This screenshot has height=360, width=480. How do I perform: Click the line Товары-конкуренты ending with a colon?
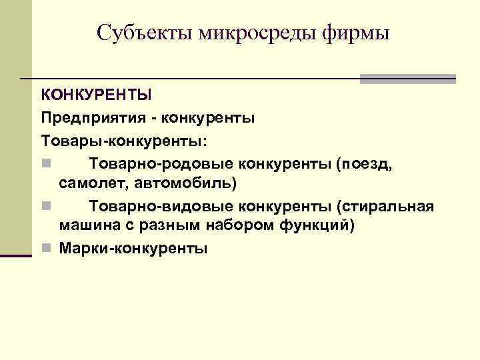(x=124, y=141)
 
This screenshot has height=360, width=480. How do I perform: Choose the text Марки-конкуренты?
(x=133, y=248)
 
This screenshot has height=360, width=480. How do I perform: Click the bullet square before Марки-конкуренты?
(x=45, y=249)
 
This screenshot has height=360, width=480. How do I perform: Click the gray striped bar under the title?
(x=407, y=79)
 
